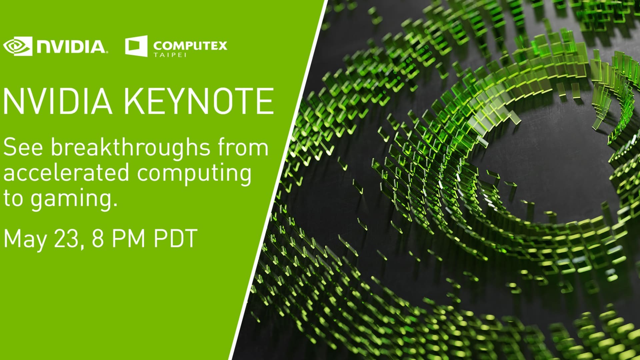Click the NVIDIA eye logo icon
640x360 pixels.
[x=18, y=46]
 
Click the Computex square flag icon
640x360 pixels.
[x=136, y=46]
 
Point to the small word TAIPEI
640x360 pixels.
[x=170, y=54]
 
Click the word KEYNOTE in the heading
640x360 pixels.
[x=199, y=101]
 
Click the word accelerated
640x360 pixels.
[x=66, y=173]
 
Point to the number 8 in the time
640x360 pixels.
[x=98, y=238]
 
